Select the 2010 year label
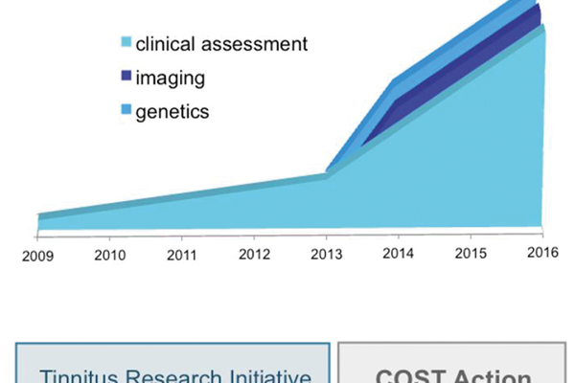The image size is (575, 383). pyautogui.click(x=110, y=256)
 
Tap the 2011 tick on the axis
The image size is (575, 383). pyautogui.click(x=181, y=256)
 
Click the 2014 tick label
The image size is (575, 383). pyautogui.click(x=399, y=256)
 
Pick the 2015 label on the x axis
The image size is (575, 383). pyautogui.click(x=470, y=256)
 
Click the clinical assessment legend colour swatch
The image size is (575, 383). pyautogui.click(x=125, y=43)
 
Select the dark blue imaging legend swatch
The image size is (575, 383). pyautogui.click(x=125, y=77)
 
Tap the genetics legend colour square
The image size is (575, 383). pyautogui.click(x=125, y=110)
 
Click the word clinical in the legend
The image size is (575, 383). pyautogui.click(x=165, y=43)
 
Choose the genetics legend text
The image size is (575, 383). pyautogui.click(x=172, y=111)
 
